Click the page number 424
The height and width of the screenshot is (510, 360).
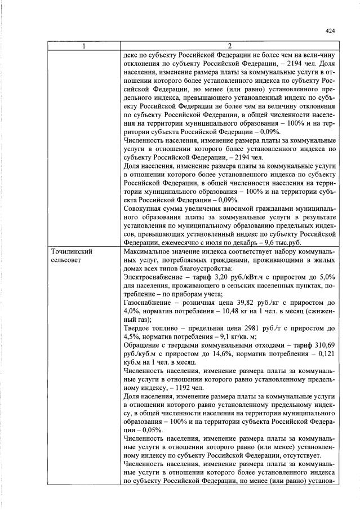330,31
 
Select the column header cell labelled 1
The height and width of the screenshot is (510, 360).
83,46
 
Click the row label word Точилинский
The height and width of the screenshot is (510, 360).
72,251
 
